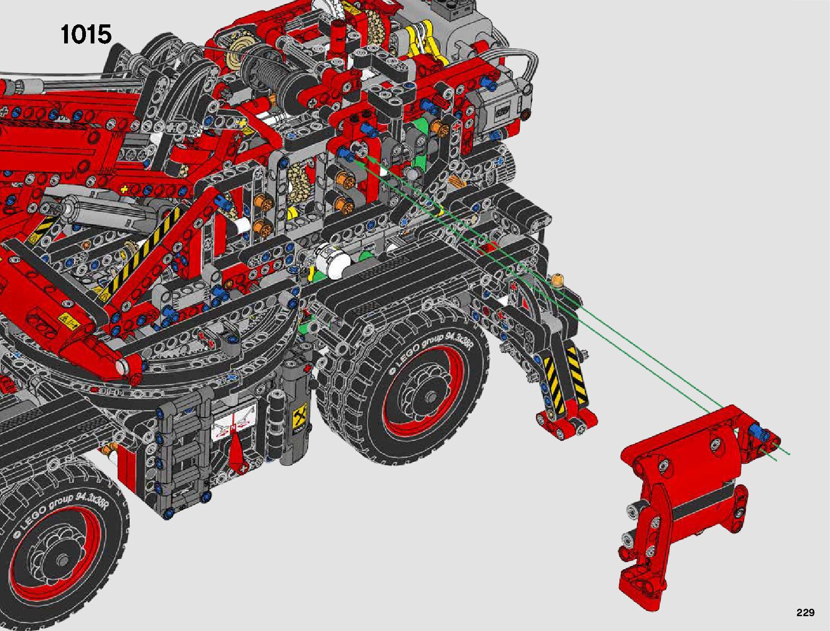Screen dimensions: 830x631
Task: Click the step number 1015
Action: [x=86, y=34]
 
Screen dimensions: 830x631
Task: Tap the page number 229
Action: [x=805, y=612]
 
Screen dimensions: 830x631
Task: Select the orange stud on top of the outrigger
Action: [x=557, y=280]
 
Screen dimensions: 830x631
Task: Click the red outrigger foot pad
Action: [x=566, y=424]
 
